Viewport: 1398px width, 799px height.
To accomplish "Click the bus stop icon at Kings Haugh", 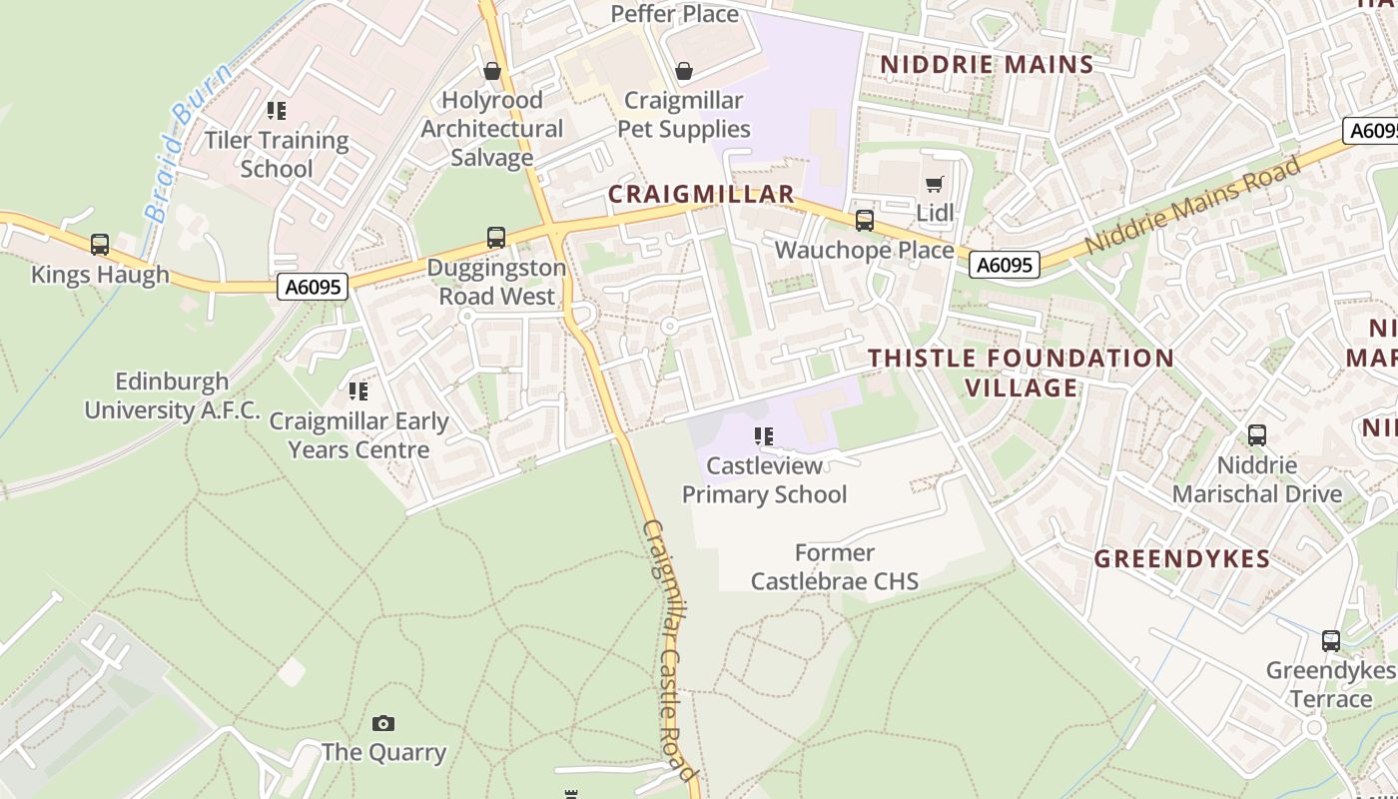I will (x=100, y=245).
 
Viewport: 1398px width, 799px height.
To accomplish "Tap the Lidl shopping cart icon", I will (x=935, y=185).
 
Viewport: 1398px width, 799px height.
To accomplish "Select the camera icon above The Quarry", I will (x=383, y=723).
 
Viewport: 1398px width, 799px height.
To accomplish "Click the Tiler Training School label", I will (x=277, y=154).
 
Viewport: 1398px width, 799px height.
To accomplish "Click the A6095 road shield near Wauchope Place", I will (x=1005, y=265).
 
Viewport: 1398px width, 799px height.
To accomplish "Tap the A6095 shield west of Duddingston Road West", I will (x=313, y=288).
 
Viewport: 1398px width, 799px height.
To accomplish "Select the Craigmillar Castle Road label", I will (x=668, y=649).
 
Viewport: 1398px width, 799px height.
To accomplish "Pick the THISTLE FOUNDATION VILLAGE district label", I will (x=1021, y=373).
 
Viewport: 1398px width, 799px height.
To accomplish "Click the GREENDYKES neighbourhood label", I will (x=1181, y=559).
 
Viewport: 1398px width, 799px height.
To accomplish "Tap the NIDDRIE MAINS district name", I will (x=987, y=65).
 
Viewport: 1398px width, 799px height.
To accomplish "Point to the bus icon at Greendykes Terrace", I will (x=1331, y=641).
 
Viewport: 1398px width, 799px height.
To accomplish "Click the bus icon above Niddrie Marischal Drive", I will (x=1257, y=435).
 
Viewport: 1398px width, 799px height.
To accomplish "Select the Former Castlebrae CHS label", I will (x=835, y=566).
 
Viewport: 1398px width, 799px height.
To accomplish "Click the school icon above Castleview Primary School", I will (x=764, y=436).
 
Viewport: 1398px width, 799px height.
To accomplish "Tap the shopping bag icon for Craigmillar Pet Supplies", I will (x=684, y=71).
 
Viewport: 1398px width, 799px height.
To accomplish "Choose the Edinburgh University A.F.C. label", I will (x=172, y=396).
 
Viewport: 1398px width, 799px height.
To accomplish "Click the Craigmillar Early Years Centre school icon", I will (x=358, y=391).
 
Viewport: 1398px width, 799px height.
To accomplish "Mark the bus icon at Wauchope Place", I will (x=865, y=221).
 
